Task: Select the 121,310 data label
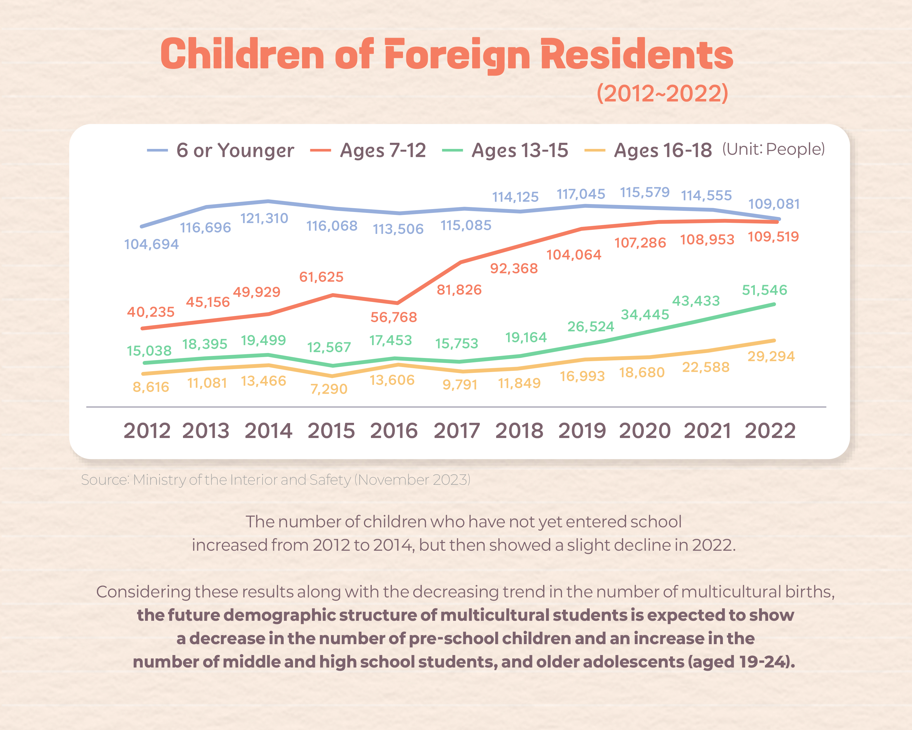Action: coord(264,218)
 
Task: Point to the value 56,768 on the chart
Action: coord(394,317)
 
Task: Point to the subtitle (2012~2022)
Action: coord(662,93)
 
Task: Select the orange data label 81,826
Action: coord(459,290)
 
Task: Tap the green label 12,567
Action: coord(329,347)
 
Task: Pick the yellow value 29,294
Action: coord(771,356)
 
